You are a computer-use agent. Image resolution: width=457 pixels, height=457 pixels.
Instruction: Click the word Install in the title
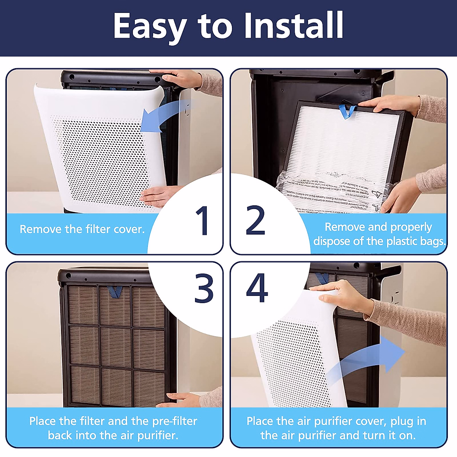click(x=294, y=26)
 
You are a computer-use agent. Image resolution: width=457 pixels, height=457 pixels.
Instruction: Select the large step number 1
click(x=202, y=221)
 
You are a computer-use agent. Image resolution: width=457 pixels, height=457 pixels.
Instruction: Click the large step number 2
click(x=256, y=221)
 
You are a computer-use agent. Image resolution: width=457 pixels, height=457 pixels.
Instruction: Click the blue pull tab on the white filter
click(x=347, y=111)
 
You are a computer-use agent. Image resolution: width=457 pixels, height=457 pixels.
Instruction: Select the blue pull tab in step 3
click(x=115, y=292)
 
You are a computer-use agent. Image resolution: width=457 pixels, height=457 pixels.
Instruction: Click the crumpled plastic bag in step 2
click(x=335, y=190)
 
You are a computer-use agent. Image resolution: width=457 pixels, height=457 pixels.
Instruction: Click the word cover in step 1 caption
click(x=128, y=229)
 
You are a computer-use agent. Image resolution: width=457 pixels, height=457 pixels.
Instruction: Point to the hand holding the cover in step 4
click(x=343, y=295)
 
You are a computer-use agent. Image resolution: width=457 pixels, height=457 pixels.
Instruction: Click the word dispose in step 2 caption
click(x=332, y=241)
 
